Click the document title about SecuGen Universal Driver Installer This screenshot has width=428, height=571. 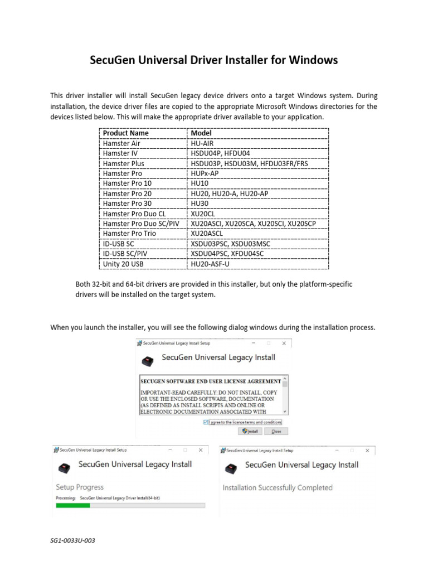pyautogui.click(x=214, y=60)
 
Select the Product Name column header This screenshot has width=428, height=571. pyautogui.click(x=126, y=133)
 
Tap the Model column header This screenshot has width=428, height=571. pyautogui.click(x=201, y=133)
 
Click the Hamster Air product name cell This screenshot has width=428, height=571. pyautogui.click(x=121, y=143)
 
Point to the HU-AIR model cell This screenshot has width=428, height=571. pyautogui.click(x=202, y=143)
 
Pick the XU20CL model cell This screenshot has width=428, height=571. pyautogui.click(x=202, y=214)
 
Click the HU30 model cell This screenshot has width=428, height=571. pyautogui.click(x=200, y=204)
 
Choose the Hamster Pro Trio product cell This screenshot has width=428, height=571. pyautogui.click(x=129, y=234)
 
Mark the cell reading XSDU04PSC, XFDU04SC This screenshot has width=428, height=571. pyautogui.click(x=227, y=254)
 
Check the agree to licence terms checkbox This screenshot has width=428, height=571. pyautogui.click(x=207, y=422)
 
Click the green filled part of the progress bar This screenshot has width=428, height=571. pyautogui.click(x=73, y=505)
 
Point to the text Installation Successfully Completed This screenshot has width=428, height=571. pyautogui.click(x=278, y=487)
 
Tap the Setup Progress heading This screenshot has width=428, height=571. pyautogui.click(x=80, y=487)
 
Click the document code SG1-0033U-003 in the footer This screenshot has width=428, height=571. pyautogui.click(x=69, y=541)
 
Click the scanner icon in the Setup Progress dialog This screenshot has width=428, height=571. pyautogui.click(x=66, y=467)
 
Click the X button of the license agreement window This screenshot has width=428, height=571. pyautogui.click(x=284, y=343)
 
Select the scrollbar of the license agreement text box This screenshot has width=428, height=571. pyautogui.click(x=285, y=396)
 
